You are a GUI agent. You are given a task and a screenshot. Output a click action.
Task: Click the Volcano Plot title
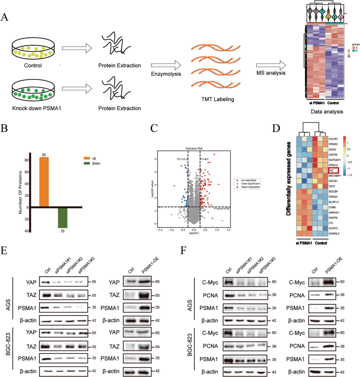pyautogui.click(x=194, y=148)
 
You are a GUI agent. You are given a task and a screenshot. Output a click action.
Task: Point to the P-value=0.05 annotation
pyautogui.click(x=222, y=208)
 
